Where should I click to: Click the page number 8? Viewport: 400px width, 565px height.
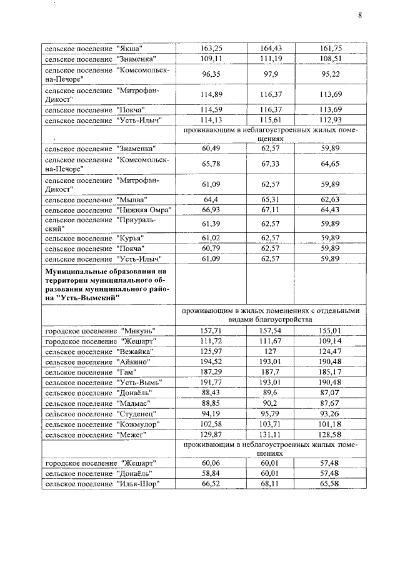tap(360, 16)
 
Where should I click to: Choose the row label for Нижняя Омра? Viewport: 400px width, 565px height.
tap(107, 209)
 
